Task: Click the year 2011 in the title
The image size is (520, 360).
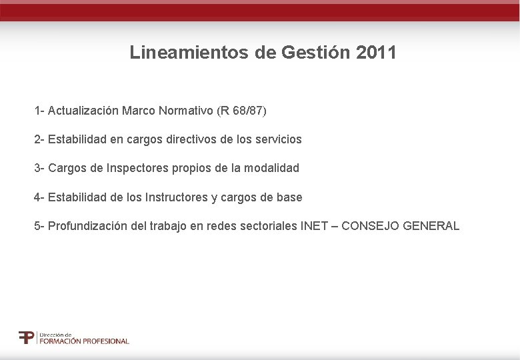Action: click(x=377, y=53)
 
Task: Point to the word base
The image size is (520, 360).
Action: click(x=289, y=197)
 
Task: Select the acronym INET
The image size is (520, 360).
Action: click(x=314, y=226)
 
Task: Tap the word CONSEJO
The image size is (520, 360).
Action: click(x=370, y=226)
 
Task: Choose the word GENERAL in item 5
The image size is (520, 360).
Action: click(x=431, y=226)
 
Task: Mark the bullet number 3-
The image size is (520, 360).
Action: click(x=39, y=169)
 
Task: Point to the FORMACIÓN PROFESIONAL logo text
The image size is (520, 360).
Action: click(x=84, y=341)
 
